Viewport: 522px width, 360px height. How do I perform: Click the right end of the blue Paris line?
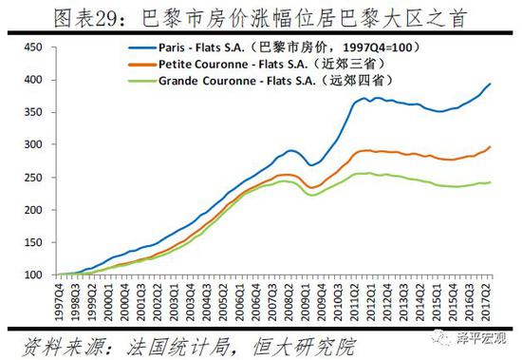(490, 85)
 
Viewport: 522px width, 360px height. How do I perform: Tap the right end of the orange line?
(490, 147)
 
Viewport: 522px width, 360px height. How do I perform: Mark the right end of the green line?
(490, 182)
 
